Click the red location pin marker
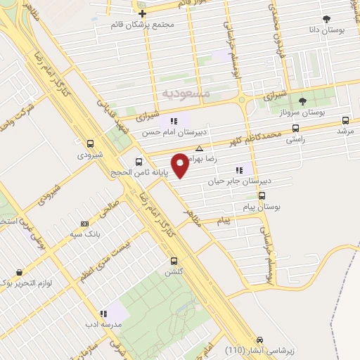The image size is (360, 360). point(181,164)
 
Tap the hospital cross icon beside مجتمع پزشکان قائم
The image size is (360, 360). point(142,13)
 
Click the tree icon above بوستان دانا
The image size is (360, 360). point(325,19)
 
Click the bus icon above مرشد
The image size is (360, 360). point(345,120)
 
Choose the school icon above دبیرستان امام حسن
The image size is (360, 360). point(173,121)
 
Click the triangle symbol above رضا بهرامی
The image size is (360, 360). point(200,148)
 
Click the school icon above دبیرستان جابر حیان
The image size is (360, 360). point(240,169)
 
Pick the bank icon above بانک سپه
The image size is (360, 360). point(85,223)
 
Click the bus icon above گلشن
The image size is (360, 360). point(172,260)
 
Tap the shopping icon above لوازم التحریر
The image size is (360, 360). point(18,273)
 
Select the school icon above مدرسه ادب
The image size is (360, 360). point(103,314)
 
